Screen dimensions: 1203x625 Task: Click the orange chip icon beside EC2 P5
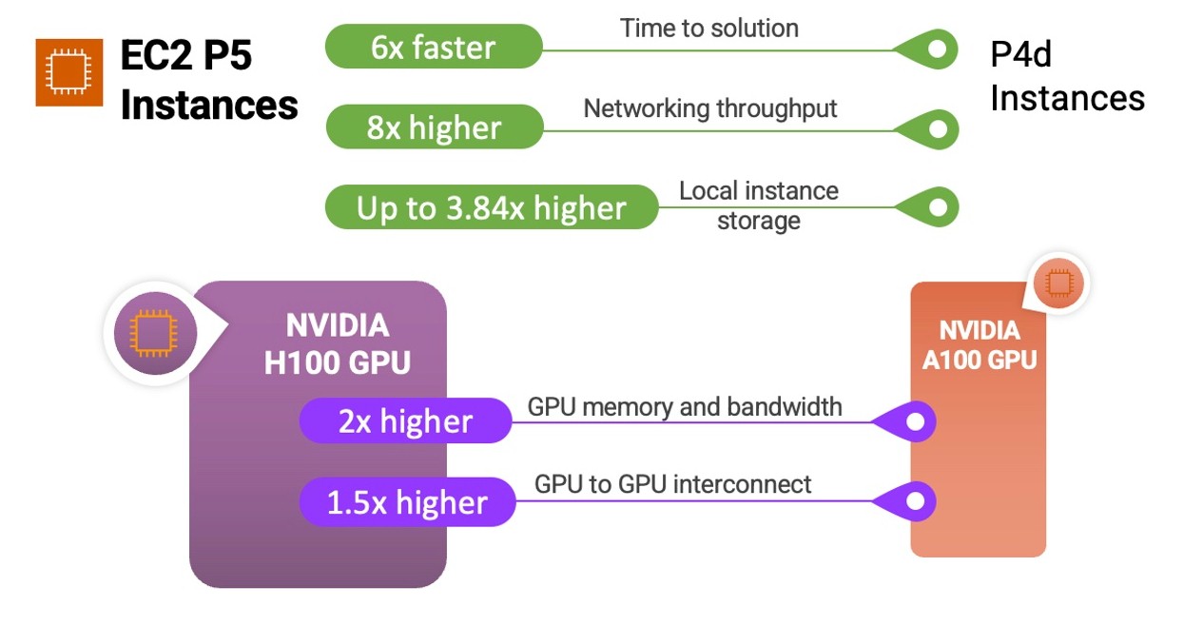click(69, 72)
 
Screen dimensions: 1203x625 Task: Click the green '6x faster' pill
click(434, 47)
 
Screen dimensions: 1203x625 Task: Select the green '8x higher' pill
click(435, 127)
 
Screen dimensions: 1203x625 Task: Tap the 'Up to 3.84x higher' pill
click(492, 207)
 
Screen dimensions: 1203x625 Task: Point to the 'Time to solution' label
click(709, 28)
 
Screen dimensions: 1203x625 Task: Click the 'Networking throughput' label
click(710, 109)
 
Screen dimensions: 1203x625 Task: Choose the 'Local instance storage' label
click(759, 205)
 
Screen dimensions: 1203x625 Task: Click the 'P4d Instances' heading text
click(1067, 76)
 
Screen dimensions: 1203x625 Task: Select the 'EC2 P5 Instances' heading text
click(209, 80)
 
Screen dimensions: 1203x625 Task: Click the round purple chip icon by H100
click(155, 333)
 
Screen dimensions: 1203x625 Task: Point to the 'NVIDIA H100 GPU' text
click(338, 344)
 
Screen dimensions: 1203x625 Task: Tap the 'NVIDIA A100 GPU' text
click(980, 345)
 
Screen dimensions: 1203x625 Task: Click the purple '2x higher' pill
click(405, 420)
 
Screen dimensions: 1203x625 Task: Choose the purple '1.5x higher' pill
click(407, 502)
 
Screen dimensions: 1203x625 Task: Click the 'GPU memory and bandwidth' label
click(685, 407)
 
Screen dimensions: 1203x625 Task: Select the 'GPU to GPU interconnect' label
click(673, 484)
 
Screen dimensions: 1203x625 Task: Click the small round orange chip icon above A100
click(1059, 283)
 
